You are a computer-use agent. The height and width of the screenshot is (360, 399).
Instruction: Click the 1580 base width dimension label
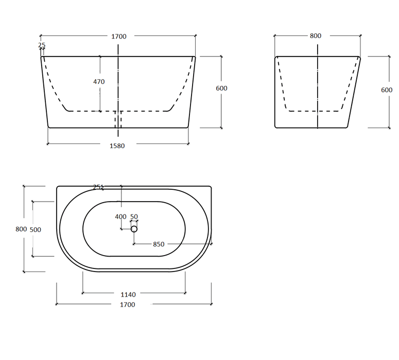click(117, 146)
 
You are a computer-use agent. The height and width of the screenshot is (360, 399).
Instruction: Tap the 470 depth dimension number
click(99, 82)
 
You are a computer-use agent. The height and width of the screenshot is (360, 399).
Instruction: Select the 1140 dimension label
click(128, 295)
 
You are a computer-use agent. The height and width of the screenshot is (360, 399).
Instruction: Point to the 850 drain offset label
click(159, 244)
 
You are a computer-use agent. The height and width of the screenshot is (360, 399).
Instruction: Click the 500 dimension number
click(36, 230)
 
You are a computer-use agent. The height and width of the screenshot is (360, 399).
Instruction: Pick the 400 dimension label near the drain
click(120, 217)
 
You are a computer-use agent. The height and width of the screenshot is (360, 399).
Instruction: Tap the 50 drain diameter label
click(134, 217)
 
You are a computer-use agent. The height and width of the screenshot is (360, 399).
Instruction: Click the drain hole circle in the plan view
click(134, 229)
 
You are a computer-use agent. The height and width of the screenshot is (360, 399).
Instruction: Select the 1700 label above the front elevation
click(119, 37)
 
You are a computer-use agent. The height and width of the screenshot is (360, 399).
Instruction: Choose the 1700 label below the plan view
click(128, 305)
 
